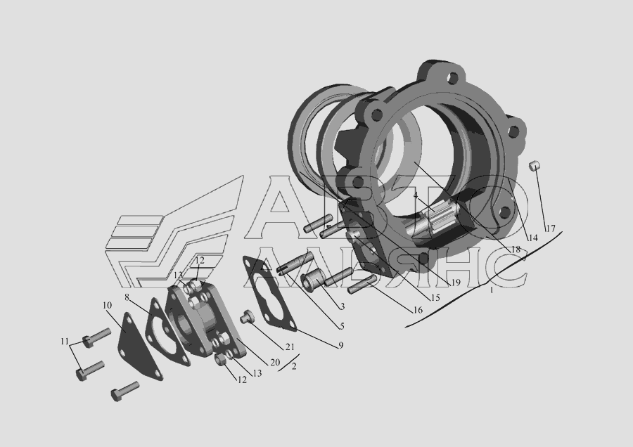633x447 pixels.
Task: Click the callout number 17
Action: tap(550, 228)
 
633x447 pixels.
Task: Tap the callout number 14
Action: tap(533, 238)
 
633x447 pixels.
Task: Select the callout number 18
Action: tap(516, 250)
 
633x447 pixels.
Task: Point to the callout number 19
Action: tap(455, 283)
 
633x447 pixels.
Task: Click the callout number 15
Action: tap(435, 298)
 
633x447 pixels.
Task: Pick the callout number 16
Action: tap(417, 310)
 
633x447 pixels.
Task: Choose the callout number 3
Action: tap(342, 306)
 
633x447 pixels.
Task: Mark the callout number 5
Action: tap(342, 326)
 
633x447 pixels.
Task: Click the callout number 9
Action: tap(340, 345)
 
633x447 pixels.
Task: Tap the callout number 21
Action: tap(290, 347)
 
